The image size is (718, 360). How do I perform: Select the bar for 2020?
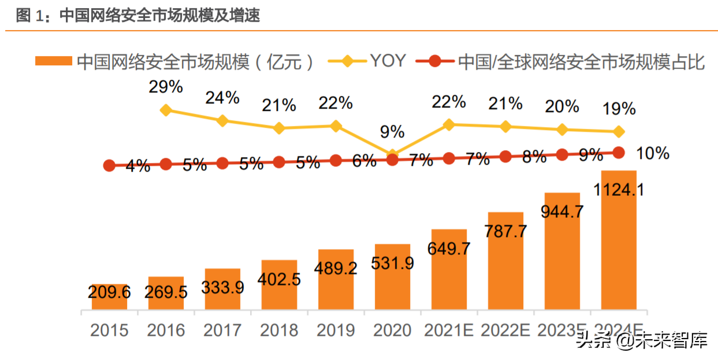click(392, 277)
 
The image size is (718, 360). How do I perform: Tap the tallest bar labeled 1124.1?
click(619, 240)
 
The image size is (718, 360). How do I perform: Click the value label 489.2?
click(336, 268)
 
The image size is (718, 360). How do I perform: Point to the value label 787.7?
click(506, 231)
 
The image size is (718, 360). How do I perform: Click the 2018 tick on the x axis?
click(279, 330)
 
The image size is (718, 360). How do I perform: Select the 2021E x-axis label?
click(449, 330)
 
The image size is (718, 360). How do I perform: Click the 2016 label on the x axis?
click(166, 330)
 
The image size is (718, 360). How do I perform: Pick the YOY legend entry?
click(388, 61)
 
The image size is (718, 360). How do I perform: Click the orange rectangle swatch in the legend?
click(53, 61)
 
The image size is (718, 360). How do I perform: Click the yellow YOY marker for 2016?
click(166, 110)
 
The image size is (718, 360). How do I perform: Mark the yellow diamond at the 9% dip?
click(393, 155)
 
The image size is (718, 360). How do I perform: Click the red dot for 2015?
click(109, 166)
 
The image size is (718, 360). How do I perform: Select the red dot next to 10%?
click(618, 153)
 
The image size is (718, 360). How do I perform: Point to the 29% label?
click(165, 87)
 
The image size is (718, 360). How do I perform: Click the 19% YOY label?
click(619, 108)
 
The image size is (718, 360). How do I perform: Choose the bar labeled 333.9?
click(223, 289)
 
